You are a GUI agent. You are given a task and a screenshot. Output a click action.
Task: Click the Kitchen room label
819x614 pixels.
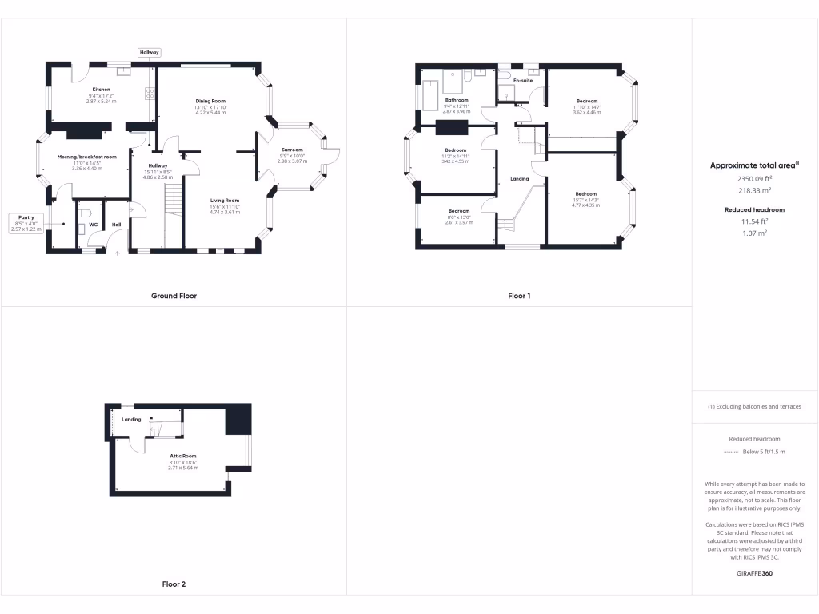(101, 90)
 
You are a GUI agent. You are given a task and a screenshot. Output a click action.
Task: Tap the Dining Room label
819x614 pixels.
(211, 101)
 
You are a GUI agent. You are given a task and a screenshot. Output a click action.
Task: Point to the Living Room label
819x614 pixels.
(225, 201)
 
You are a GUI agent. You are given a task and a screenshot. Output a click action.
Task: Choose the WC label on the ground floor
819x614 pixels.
(94, 225)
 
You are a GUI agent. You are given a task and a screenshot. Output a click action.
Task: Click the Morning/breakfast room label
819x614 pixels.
(87, 157)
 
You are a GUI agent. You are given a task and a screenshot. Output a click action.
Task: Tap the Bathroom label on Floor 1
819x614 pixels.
(457, 100)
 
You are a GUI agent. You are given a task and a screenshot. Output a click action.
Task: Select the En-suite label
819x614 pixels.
(523, 81)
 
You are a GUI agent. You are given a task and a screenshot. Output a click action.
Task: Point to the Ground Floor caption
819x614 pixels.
(174, 296)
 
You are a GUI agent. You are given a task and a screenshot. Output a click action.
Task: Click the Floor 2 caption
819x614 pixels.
(174, 584)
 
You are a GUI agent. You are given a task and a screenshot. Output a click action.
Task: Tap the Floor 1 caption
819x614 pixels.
(519, 296)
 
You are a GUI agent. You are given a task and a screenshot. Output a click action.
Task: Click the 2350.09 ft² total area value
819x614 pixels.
(754, 180)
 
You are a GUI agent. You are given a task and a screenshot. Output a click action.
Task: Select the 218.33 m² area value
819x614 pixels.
(754, 191)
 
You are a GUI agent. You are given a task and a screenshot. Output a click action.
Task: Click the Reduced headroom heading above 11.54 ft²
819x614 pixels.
(755, 209)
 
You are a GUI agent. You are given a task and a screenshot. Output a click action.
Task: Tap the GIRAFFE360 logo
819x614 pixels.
(755, 573)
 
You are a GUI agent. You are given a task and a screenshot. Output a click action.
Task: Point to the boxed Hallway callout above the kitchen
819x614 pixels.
(150, 52)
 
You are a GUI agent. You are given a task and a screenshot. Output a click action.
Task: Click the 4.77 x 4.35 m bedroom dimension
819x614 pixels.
(585, 205)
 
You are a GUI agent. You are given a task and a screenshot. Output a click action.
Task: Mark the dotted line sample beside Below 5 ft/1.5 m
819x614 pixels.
(731, 452)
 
